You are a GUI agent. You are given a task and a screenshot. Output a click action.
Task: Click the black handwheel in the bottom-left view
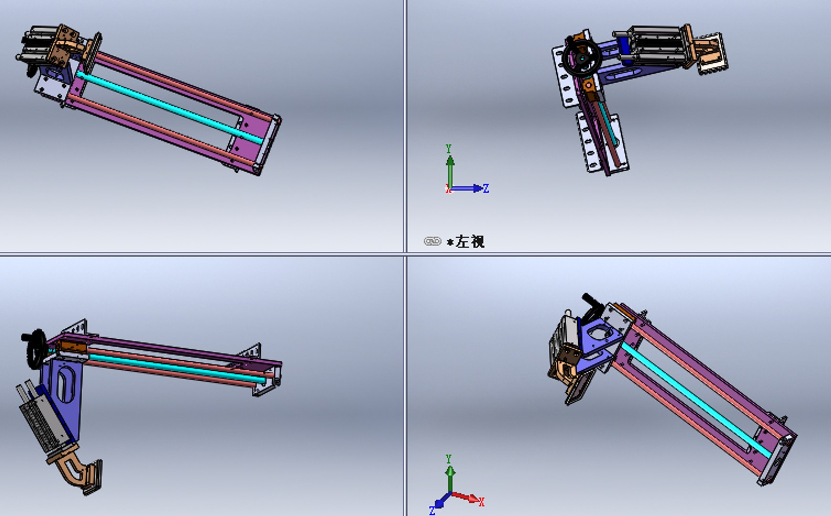tap(36, 349)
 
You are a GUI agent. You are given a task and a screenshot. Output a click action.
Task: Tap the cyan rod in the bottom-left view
tap(177, 367)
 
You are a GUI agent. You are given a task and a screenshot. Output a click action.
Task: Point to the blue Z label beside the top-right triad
tap(486, 188)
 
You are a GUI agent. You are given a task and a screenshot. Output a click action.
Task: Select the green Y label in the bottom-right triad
tap(448, 459)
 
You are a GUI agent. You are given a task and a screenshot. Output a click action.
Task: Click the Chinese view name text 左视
tap(470, 241)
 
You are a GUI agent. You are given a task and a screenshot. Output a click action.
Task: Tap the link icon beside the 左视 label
tap(432, 241)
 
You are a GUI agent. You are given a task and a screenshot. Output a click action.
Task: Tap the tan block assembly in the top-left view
tap(65, 43)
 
